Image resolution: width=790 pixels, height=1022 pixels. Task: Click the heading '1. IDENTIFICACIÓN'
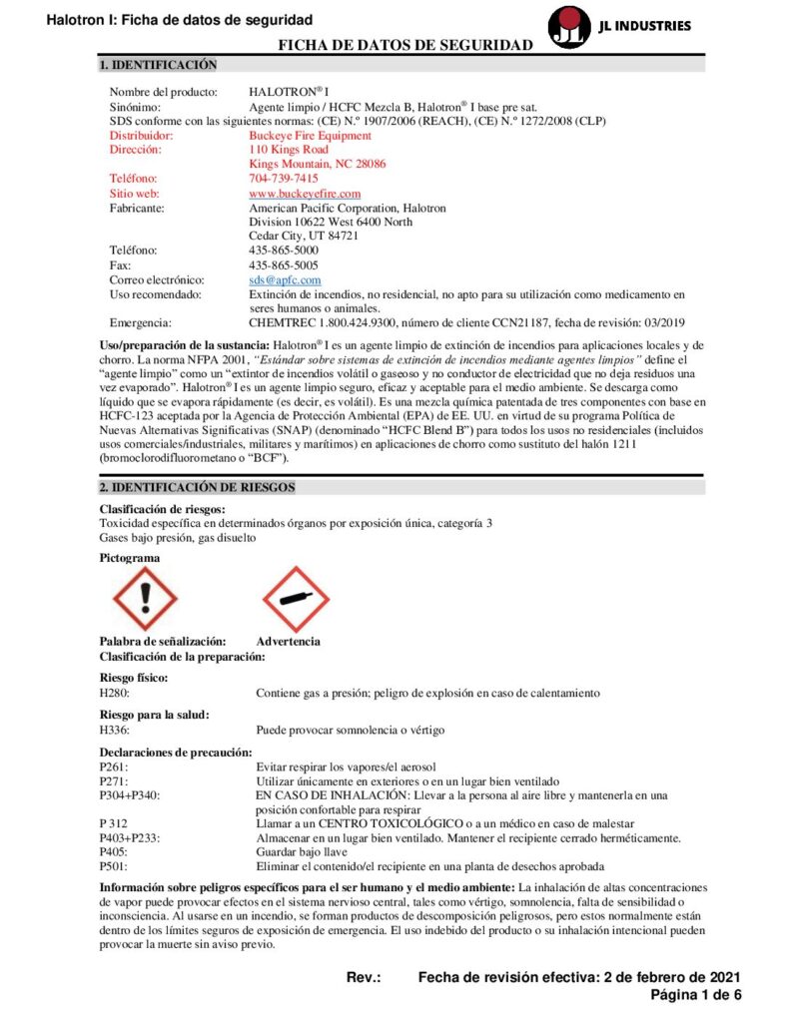[158, 65]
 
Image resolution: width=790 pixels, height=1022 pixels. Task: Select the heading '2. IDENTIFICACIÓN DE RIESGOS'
[197, 487]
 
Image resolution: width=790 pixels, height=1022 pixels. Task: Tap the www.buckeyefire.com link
[305, 193]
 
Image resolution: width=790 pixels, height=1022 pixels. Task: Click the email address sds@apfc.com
[285, 280]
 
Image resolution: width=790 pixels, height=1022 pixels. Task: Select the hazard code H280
[114, 693]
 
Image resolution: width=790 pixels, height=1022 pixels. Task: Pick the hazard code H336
[114, 731]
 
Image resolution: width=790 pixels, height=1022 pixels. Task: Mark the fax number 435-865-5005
[284, 265]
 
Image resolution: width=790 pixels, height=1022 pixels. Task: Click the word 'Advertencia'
[289, 641]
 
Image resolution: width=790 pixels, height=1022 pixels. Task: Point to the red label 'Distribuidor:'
[141, 135]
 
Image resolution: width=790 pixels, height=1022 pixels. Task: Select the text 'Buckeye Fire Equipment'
[310, 135]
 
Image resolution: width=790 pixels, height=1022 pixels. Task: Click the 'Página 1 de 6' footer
[696, 995]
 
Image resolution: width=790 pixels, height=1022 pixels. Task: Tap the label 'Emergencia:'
[141, 323]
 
